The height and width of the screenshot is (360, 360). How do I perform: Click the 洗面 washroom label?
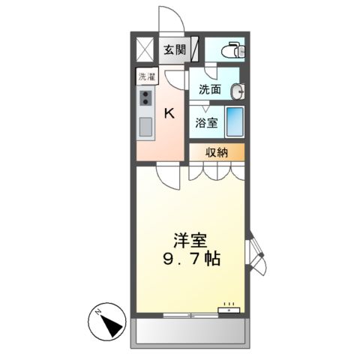(x=209, y=89)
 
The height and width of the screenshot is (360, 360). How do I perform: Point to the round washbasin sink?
(x=238, y=91)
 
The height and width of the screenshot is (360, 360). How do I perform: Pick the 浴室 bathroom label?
(x=206, y=123)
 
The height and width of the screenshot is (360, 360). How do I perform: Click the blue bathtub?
(x=235, y=121)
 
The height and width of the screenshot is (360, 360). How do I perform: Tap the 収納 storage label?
(x=216, y=152)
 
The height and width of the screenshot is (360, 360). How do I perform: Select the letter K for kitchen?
(x=170, y=113)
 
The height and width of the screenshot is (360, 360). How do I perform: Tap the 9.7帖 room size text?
(x=191, y=261)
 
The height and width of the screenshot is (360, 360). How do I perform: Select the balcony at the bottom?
(x=190, y=332)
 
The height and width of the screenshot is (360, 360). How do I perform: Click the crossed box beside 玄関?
(x=145, y=49)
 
